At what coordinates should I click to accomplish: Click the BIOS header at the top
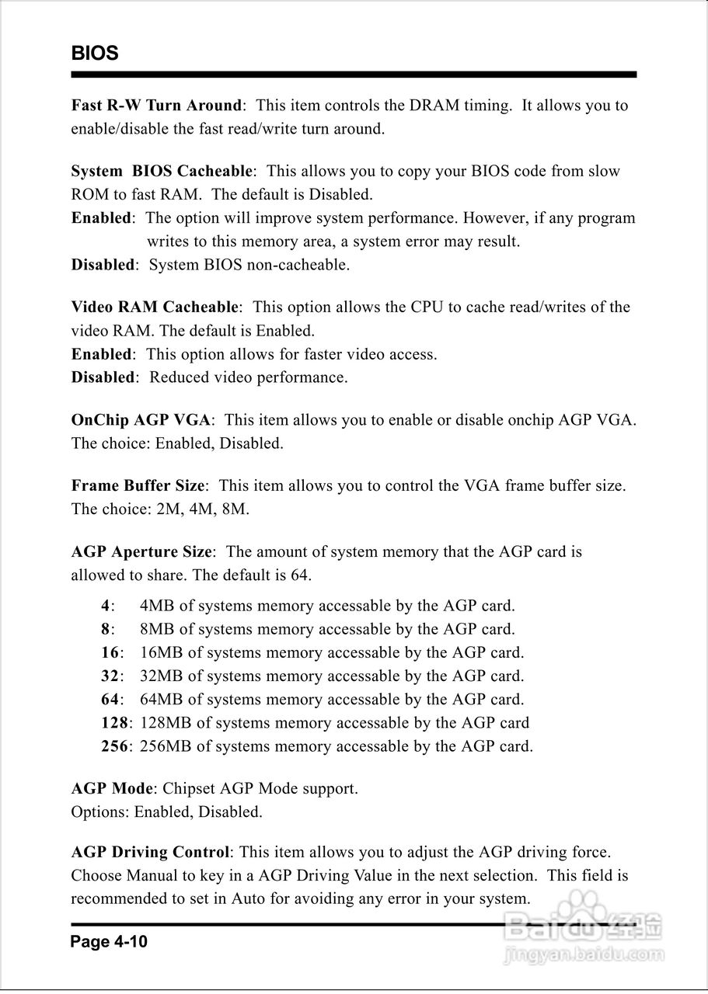click(95, 54)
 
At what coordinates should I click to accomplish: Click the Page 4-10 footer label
click(109, 943)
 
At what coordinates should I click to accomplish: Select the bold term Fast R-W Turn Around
click(156, 106)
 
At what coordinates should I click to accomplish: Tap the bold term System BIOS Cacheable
click(162, 171)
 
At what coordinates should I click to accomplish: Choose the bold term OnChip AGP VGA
click(141, 420)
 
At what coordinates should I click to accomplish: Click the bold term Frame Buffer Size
click(138, 486)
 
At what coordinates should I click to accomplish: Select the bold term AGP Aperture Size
click(141, 552)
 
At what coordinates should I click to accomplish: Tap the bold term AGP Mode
click(111, 789)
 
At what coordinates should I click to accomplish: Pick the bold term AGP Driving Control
click(150, 853)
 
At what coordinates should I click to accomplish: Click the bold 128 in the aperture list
click(114, 723)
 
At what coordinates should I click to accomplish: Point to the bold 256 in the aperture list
click(114, 747)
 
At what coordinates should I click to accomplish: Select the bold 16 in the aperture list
click(110, 653)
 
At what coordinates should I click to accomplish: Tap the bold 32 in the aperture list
click(110, 676)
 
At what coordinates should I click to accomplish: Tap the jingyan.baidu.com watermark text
click(583, 953)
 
